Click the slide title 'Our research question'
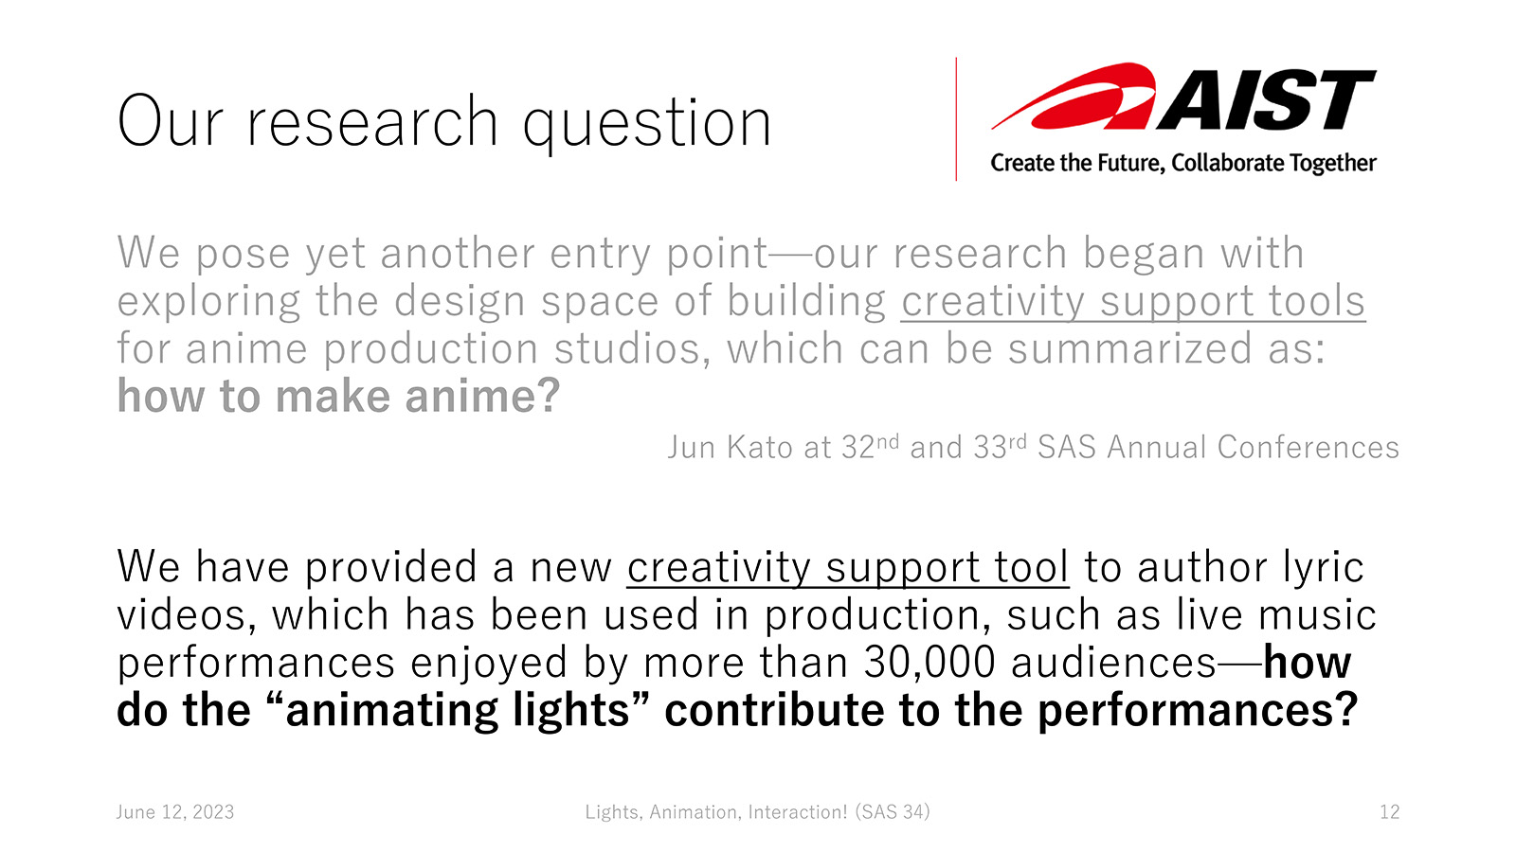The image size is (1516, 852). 444,122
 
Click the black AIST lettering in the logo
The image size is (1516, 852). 1266,100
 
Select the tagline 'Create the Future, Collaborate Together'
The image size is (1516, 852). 1183,163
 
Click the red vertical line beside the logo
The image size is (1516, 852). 956,119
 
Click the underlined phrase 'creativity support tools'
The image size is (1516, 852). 1133,301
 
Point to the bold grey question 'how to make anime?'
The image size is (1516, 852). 338,396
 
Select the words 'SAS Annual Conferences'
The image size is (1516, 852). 1218,448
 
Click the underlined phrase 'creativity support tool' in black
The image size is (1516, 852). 847,567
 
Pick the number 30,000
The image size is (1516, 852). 929,663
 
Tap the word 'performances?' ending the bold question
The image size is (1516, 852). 1198,711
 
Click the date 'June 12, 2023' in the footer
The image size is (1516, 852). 175,812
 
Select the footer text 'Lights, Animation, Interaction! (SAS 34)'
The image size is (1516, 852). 757,812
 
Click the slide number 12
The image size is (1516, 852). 1389,812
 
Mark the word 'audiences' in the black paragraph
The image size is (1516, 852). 1113,663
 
